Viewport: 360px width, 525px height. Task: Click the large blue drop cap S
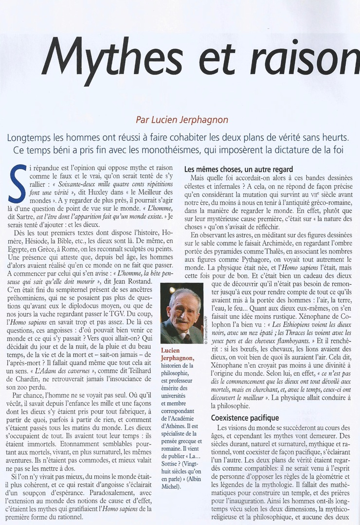pyautogui.click(x=18, y=183)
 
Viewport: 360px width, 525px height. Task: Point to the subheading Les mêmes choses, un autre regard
pyautogui.click(x=238, y=169)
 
